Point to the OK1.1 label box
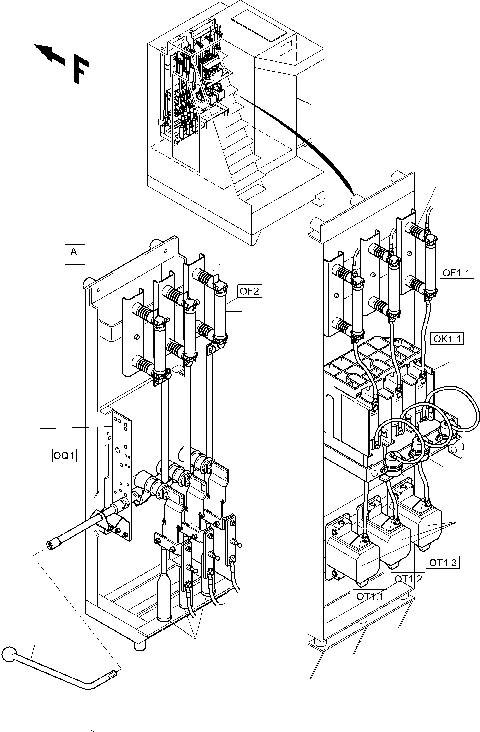447,339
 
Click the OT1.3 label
443,563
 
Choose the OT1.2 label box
408,579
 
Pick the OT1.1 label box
370,596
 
